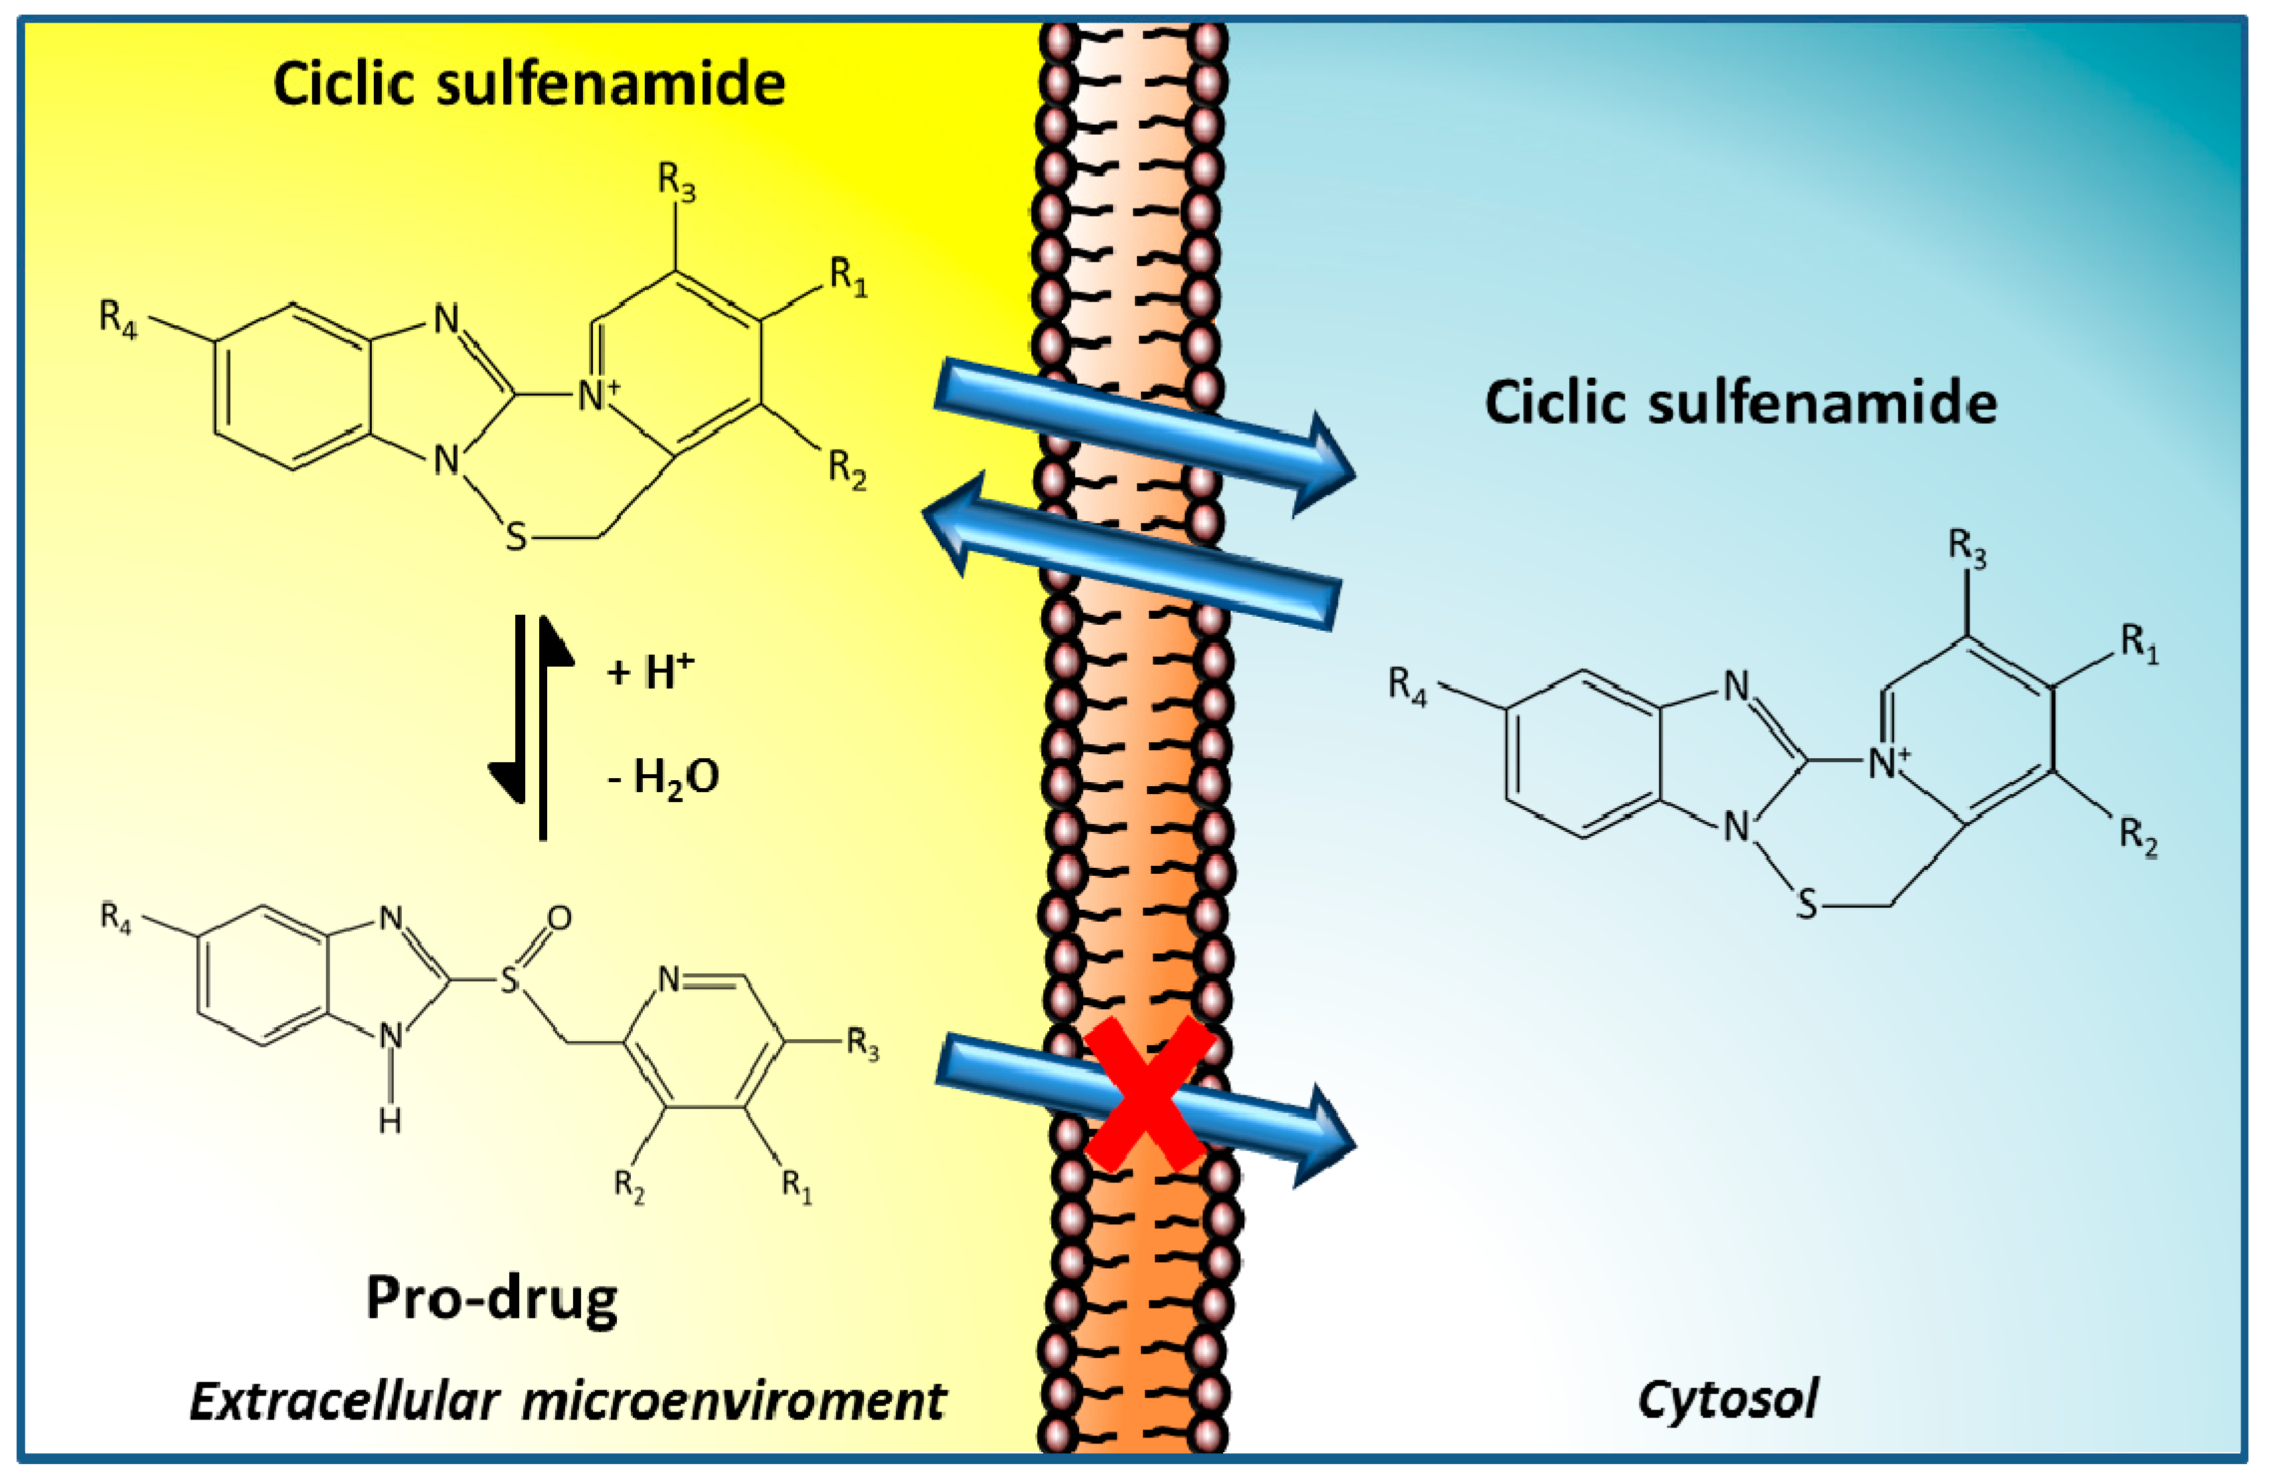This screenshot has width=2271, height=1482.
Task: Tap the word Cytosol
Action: (1727, 1400)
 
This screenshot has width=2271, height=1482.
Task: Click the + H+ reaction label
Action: (649, 671)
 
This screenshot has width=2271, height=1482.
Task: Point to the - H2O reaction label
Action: (664, 778)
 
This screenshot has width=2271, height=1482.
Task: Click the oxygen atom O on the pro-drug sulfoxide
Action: (559, 918)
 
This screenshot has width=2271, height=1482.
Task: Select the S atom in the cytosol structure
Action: (1806, 903)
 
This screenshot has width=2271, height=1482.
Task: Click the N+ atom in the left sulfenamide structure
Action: (596, 394)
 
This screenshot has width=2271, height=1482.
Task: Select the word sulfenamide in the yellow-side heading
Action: (611, 84)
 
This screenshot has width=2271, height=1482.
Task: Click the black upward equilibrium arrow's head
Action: (555, 639)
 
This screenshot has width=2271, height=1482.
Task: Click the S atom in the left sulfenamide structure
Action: (515, 536)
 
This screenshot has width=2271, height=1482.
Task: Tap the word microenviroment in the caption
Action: (733, 1402)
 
